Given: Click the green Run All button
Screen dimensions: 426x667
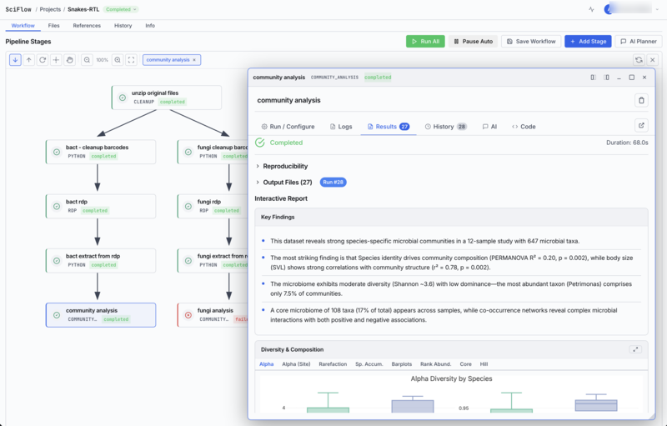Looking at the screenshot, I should click(425, 41).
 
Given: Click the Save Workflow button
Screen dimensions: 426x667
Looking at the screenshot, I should click(530, 41).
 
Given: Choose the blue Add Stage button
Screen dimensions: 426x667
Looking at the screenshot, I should click(588, 41).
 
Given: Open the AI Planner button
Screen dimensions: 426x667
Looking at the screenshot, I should click(639, 41).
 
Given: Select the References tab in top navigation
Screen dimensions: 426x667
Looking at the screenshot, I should click(87, 26).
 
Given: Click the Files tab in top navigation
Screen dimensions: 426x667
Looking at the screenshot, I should click(53, 26).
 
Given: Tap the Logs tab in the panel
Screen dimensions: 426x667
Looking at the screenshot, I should click(341, 127).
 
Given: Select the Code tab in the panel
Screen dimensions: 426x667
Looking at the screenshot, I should click(524, 127).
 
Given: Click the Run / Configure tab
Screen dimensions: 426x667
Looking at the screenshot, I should click(288, 127).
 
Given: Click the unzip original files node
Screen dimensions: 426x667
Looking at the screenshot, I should click(166, 97).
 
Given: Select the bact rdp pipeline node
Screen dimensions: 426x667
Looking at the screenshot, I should click(99, 206).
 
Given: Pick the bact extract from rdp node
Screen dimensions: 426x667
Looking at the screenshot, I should click(99, 260).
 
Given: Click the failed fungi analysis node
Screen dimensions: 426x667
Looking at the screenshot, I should click(213, 314).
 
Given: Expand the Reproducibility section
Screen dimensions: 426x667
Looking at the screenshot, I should click(285, 166).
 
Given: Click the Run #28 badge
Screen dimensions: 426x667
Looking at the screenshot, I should click(333, 182).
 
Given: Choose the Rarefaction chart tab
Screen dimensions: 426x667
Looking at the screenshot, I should click(332, 364).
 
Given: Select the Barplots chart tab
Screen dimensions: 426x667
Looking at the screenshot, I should click(401, 364).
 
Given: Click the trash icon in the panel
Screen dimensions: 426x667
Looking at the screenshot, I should click(641, 100).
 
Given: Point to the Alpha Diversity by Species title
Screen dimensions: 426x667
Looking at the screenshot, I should click(451, 378).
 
